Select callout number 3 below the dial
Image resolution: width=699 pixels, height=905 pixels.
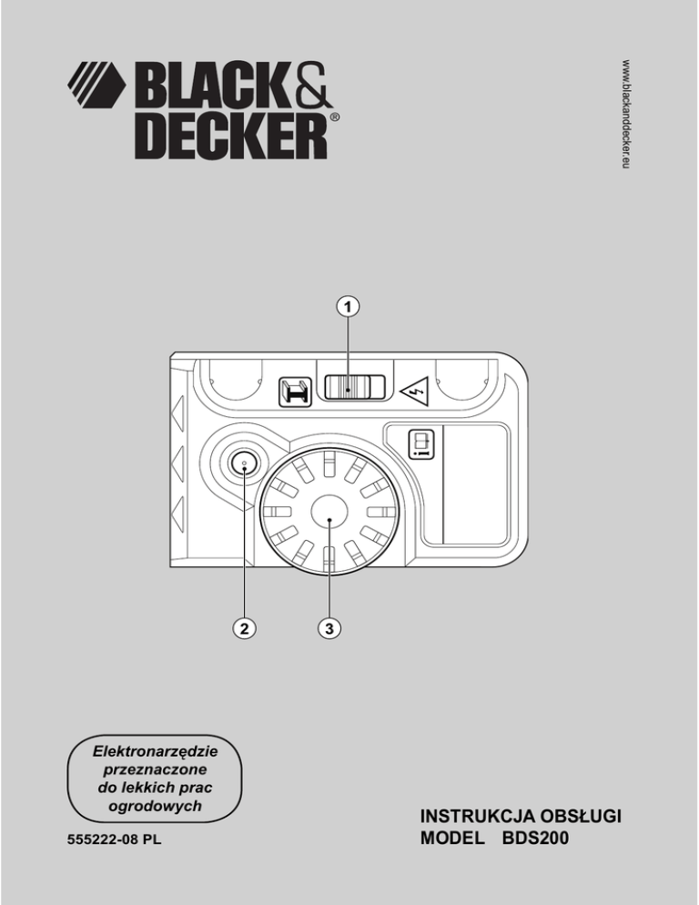(330, 627)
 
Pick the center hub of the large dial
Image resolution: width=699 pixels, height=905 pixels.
(329, 517)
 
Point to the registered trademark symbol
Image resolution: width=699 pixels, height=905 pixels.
(335, 119)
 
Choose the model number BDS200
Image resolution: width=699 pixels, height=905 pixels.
(535, 840)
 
